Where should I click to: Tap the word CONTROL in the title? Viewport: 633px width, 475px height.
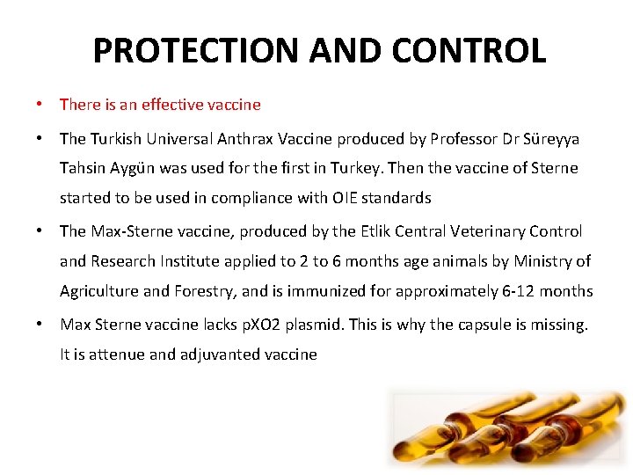click(469, 50)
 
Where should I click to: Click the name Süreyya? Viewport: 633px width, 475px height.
click(551, 139)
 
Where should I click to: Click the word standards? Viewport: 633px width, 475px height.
click(397, 198)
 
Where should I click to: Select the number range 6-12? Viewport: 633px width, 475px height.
click(509, 291)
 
